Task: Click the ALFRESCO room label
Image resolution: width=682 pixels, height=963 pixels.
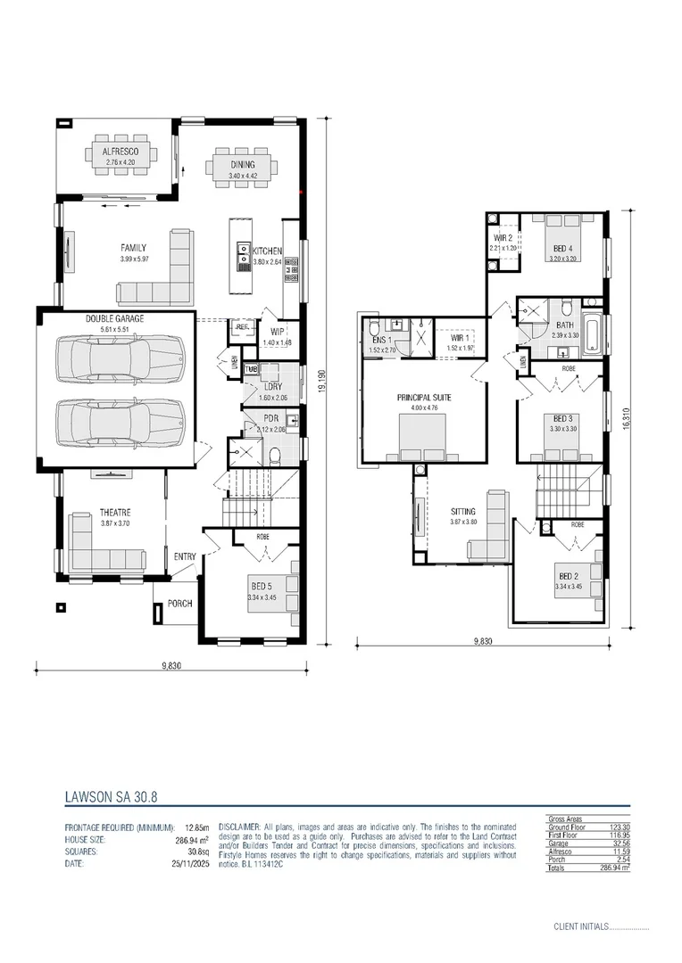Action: coord(120,152)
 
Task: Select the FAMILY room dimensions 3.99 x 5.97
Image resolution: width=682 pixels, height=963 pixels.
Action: coord(132,259)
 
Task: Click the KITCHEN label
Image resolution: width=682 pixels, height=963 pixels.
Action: coord(267,251)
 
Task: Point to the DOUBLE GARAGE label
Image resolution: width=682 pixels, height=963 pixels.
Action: coord(114,318)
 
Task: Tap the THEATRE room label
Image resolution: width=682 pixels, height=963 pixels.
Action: coord(114,513)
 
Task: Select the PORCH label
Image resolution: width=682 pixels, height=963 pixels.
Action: coord(179,604)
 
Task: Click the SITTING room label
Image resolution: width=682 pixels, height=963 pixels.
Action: coord(463,512)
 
